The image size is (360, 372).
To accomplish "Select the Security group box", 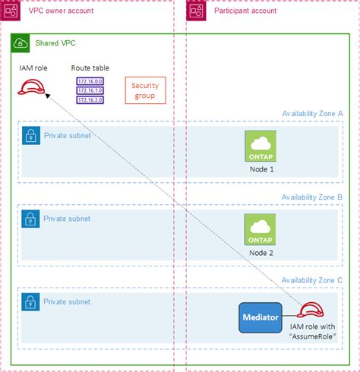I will pyautogui.click(x=144, y=90).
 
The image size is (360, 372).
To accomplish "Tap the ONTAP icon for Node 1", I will pyautogui.click(x=261, y=145).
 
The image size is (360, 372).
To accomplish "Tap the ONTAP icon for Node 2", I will pyautogui.click(x=261, y=228).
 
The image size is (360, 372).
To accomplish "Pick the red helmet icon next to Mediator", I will pyautogui.click(x=311, y=311).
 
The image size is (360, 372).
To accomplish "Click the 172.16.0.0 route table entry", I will pyautogui.click(x=90, y=80).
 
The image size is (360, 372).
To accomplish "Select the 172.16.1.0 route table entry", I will pyautogui.click(x=90, y=89).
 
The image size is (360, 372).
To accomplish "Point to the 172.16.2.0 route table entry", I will pyautogui.click(x=90, y=99).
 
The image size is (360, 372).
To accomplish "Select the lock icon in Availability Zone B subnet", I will pyautogui.click(x=30, y=219).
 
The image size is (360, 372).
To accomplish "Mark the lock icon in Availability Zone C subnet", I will pyautogui.click(x=30, y=301).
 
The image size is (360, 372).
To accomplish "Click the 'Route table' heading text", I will pyautogui.click(x=90, y=68).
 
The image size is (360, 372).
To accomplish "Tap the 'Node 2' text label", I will pyautogui.click(x=261, y=251).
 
